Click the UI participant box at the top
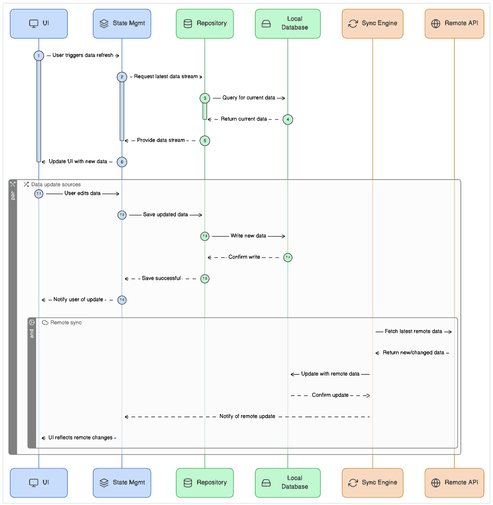point(39,23)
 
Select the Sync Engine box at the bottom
point(372,482)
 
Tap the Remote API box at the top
point(454,23)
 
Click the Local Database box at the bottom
point(288,482)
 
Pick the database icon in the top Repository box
point(188,23)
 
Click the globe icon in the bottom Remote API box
point(435,482)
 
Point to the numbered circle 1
point(39,56)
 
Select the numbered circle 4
point(288,119)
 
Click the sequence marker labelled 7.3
point(205,236)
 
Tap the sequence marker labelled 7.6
point(122,299)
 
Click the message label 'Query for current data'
point(248,98)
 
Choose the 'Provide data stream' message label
point(161,140)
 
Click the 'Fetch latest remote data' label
point(413,332)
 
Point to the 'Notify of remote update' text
point(247,417)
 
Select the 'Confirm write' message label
point(244,257)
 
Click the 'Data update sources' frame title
point(55,184)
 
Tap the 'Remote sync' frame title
point(66,322)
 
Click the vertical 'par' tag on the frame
point(13,195)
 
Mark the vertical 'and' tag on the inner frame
point(32,333)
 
